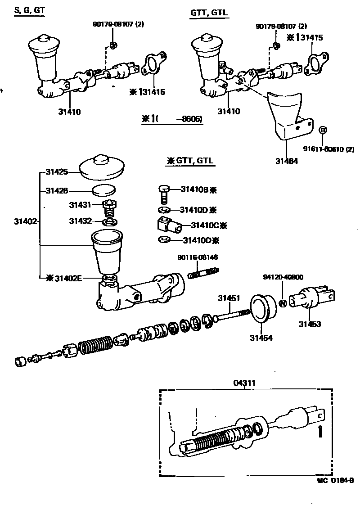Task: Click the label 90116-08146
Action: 198,257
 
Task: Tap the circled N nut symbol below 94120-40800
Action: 283,303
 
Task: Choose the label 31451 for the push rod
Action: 229,298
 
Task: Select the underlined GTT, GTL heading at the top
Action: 209,14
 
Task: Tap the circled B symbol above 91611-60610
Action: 323,130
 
